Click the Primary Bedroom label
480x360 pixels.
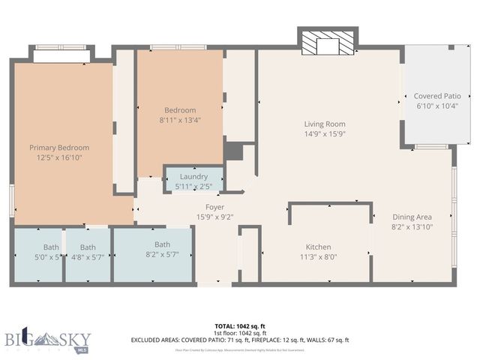pyautogui.click(x=59, y=148)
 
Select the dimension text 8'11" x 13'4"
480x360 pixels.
pyautogui.click(x=180, y=121)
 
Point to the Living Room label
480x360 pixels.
pyautogui.click(x=324, y=124)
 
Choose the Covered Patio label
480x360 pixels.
pyautogui.click(x=437, y=97)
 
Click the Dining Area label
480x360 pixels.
pyautogui.click(x=412, y=217)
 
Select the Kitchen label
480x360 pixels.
pyautogui.click(x=317, y=247)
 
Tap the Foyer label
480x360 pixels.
pyautogui.click(x=214, y=207)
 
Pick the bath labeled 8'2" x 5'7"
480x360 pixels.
pyautogui.click(x=162, y=244)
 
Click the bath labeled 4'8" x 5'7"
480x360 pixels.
pyautogui.click(x=88, y=247)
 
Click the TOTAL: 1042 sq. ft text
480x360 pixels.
pyautogui.click(x=240, y=326)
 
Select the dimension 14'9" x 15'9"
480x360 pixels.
pyautogui.click(x=324, y=134)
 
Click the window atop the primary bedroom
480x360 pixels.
pyautogui.click(x=61, y=55)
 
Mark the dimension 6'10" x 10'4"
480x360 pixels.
pyautogui.click(x=437, y=107)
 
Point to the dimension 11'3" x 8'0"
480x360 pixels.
pyautogui.click(x=317, y=257)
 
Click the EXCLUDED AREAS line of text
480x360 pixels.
pyautogui.click(x=240, y=340)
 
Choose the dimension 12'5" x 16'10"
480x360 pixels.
pyautogui.click(x=59, y=158)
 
